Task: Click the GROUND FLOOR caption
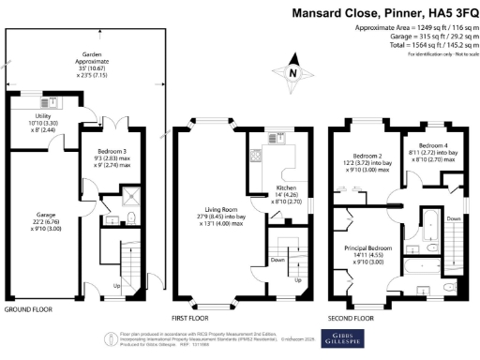(x=27, y=308)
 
